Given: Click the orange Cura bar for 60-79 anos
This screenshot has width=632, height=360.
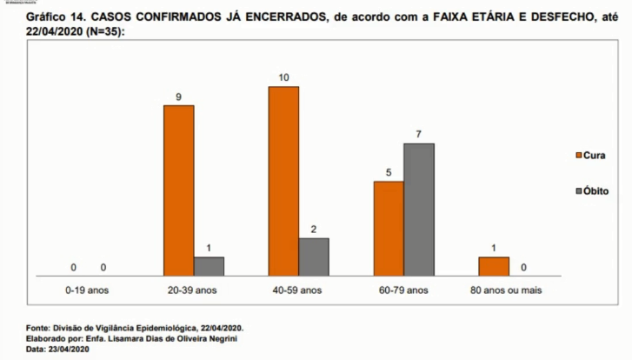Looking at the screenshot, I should coord(389,228).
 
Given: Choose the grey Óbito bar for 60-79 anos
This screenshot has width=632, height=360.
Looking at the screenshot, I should coord(419,209).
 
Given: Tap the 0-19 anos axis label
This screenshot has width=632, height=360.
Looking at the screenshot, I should coord(88,290).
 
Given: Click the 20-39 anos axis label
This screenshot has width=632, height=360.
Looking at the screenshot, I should coord(193,290).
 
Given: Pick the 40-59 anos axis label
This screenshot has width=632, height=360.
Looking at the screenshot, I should coord(298,290).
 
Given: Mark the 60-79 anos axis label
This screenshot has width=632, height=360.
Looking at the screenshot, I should coord(403,290).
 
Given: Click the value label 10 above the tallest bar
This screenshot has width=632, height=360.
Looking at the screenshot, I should coord(283,77).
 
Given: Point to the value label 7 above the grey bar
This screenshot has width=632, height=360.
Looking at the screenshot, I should coord(419,135).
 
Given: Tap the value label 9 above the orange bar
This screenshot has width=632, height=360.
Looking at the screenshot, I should coord(178,97).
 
